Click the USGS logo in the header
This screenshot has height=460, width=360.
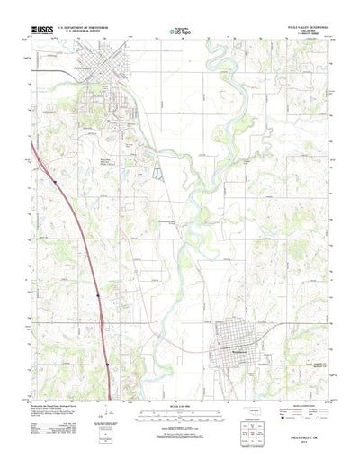(x=42, y=31)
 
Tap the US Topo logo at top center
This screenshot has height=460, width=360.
(x=179, y=33)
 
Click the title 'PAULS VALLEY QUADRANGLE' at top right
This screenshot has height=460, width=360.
(x=302, y=27)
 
